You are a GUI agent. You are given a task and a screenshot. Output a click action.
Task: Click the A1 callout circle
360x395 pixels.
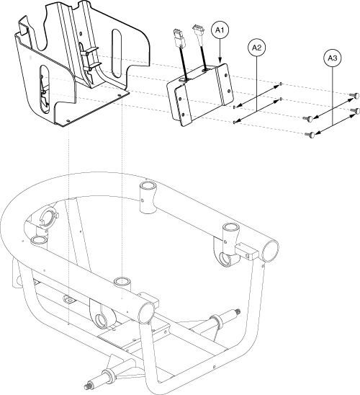(221, 31)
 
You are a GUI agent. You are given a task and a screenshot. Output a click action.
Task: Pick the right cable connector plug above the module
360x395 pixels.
(197, 32)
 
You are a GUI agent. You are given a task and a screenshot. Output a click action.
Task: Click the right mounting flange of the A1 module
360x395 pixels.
(225, 81)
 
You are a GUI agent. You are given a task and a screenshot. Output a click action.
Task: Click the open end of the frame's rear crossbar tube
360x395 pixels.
(271, 250)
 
